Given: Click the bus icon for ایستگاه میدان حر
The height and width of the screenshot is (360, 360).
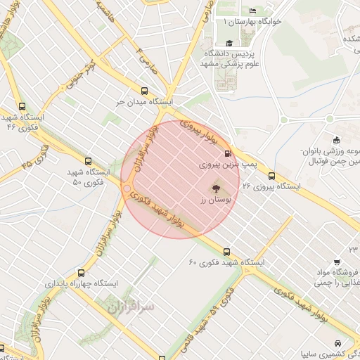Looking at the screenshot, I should (x=144, y=91).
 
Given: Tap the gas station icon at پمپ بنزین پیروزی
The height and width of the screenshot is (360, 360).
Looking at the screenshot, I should (x=227, y=153).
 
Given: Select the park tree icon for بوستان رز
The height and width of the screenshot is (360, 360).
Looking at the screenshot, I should (x=214, y=188).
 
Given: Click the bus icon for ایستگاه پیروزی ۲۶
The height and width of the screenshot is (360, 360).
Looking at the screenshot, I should (x=272, y=175).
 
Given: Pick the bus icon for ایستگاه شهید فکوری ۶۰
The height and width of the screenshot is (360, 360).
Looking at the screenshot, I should (x=226, y=251).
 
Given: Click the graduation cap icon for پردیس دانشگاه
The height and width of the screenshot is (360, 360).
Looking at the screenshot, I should (x=248, y=44).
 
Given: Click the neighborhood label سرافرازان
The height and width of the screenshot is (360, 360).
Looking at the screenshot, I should (x=130, y=307).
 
